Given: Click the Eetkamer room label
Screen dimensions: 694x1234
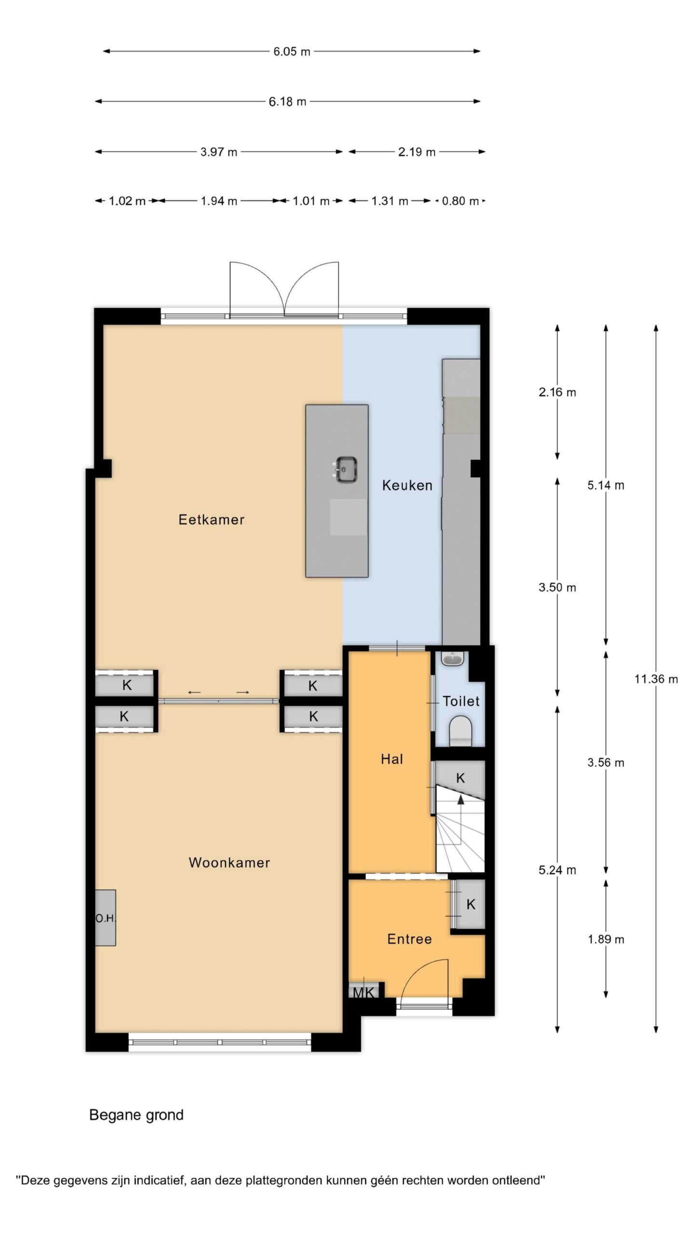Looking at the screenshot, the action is click(211, 519).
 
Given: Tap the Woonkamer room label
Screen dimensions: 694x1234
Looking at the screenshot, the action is click(229, 862).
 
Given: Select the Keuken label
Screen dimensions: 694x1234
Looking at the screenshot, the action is click(407, 485).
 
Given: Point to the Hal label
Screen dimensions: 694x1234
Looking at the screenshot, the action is click(391, 759).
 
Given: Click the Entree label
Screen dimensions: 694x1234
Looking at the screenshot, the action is click(409, 939).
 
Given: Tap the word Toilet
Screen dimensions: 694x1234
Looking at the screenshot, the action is click(461, 701).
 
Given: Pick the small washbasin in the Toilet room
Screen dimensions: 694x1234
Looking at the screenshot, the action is click(453, 658).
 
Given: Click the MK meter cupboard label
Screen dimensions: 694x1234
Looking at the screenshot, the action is click(363, 993).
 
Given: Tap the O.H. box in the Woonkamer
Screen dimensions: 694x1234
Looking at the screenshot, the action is click(105, 918).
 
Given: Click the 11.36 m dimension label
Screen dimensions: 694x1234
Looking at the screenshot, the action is click(656, 679).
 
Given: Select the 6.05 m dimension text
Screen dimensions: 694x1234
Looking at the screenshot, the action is click(292, 51).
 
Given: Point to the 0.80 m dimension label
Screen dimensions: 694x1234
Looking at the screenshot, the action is click(460, 201).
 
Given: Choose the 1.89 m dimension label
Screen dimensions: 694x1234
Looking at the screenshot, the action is click(606, 939).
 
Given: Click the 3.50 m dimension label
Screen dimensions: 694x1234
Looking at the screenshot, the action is click(557, 587).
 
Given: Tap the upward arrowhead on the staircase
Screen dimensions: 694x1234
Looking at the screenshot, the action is click(461, 800).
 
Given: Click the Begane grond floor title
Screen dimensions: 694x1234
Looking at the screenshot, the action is click(136, 1115).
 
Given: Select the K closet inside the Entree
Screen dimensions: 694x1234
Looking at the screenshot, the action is click(470, 904).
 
